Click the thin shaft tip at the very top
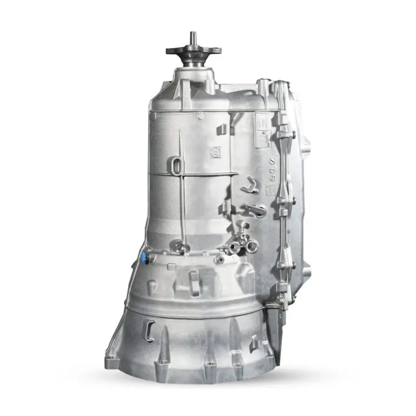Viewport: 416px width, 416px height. pos(193,37)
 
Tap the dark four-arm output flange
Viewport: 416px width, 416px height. pos(193,51)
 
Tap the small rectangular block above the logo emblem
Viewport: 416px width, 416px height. pos(220,129)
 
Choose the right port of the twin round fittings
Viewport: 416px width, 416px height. pos(251,246)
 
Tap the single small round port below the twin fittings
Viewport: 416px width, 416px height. pos(219,259)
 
